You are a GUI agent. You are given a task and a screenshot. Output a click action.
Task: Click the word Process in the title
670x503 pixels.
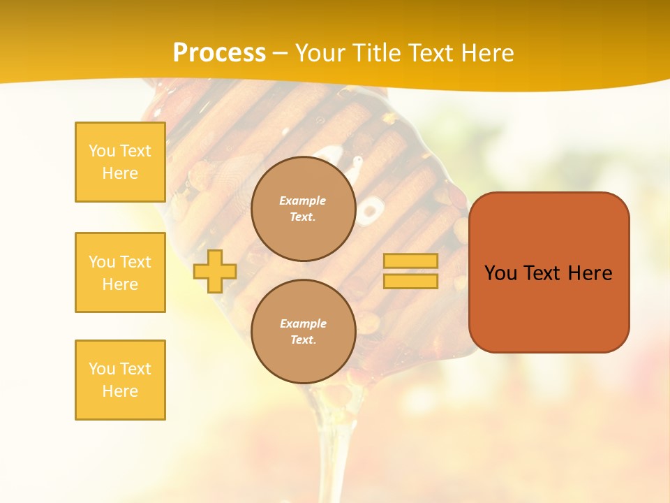[219, 53]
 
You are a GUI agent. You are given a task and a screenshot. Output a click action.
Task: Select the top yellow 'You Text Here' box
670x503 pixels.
[120, 162]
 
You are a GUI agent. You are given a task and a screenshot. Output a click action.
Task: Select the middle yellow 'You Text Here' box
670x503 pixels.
[120, 272]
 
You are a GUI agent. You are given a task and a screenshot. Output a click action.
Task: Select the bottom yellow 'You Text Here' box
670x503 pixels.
[120, 380]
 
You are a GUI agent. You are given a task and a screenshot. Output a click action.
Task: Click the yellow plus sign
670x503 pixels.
[215, 271]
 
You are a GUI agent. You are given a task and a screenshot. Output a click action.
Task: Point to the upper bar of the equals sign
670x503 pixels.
[410, 261]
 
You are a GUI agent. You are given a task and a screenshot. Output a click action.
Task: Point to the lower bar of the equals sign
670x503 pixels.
[410, 281]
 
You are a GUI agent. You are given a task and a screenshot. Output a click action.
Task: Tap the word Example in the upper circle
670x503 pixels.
[303, 201]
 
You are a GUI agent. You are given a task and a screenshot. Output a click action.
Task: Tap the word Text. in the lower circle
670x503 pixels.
[303, 340]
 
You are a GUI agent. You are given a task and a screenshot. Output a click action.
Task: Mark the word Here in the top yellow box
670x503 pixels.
[120, 173]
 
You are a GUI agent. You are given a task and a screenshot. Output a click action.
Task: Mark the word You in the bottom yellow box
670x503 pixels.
[102, 369]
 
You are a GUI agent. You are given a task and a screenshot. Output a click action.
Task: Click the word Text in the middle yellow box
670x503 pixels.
[135, 262]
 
